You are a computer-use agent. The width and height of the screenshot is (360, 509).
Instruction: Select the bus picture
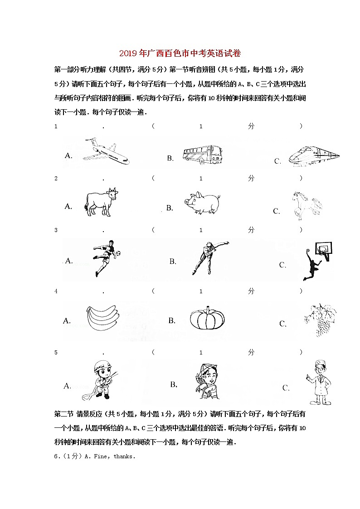pyautogui.click(x=202, y=154)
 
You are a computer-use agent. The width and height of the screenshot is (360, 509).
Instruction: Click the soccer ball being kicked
pyautogui.click(x=118, y=252)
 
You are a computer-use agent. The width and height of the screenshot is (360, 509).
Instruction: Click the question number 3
pyautogui.click(x=56, y=230)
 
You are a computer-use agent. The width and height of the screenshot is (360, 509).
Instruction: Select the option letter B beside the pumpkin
pyautogui.click(x=172, y=321)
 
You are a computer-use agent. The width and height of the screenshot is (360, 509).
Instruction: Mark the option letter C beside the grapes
pyautogui.click(x=283, y=324)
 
